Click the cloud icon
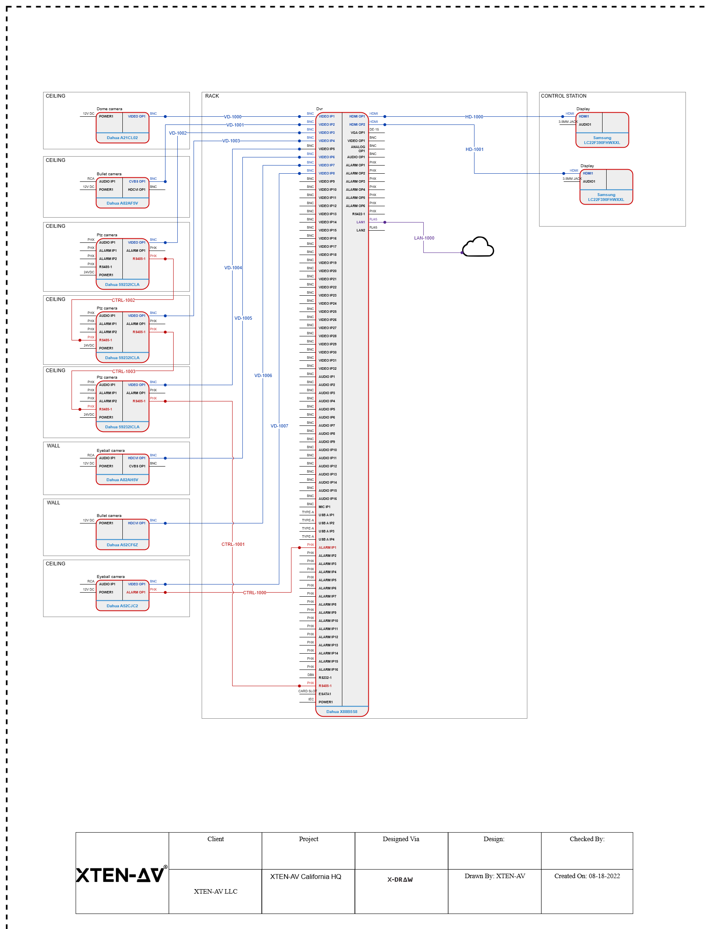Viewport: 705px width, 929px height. pos(478,247)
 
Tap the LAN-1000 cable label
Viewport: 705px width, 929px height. pos(424,238)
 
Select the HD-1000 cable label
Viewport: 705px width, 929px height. pos(474,117)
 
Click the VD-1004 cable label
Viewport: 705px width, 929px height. pos(233,268)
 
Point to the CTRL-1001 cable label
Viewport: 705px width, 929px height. pos(233,544)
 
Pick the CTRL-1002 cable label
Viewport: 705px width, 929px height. pos(124,300)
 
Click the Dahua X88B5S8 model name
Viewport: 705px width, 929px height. pos(342,711)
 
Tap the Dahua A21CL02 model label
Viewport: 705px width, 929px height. pos(122,138)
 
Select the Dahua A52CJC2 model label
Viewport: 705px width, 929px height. pos(122,606)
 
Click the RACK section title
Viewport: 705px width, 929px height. pos(212,96)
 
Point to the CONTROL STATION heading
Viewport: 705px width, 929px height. pos(564,96)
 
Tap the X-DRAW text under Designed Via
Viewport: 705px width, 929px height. pos(400,879)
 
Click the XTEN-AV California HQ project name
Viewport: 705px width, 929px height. pos(306,877)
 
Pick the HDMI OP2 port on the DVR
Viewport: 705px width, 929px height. pos(357,125)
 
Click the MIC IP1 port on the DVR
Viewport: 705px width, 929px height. pos(324,507)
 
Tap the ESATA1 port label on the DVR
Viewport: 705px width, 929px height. pos(324,694)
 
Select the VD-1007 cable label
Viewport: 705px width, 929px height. pos(279,426)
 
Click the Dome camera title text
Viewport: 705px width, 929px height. pos(109,109)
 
